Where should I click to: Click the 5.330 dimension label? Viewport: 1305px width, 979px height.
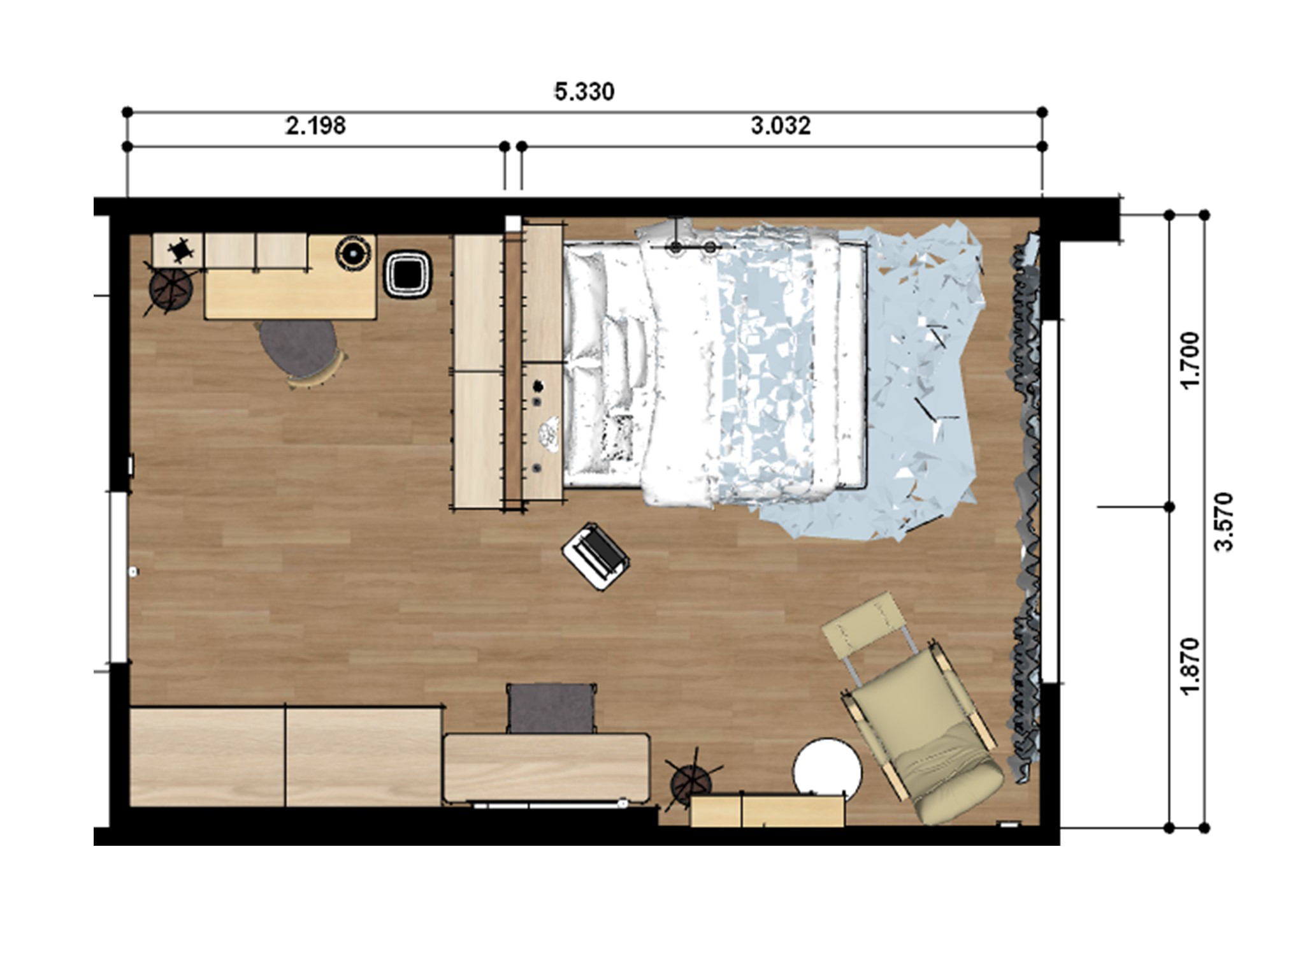pyautogui.click(x=584, y=92)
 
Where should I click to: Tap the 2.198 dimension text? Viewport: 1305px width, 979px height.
pyautogui.click(x=315, y=126)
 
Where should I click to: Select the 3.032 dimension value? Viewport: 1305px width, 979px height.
pyautogui.click(x=781, y=126)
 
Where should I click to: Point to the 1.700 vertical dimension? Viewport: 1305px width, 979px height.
pyautogui.click(x=1190, y=360)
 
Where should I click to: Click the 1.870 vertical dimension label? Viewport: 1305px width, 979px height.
pyautogui.click(x=1190, y=666)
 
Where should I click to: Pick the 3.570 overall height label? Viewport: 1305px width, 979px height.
pyautogui.click(x=1225, y=521)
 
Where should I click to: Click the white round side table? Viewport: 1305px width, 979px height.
pyautogui.click(x=826, y=772)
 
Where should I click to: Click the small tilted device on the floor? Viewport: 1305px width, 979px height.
pyautogui.click(x=596, y=556)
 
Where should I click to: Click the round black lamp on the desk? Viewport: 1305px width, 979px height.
pyautogui.click(x=354, y=253)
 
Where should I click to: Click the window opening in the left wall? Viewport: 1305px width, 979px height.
pyautogui.click(x=119, y=577)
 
